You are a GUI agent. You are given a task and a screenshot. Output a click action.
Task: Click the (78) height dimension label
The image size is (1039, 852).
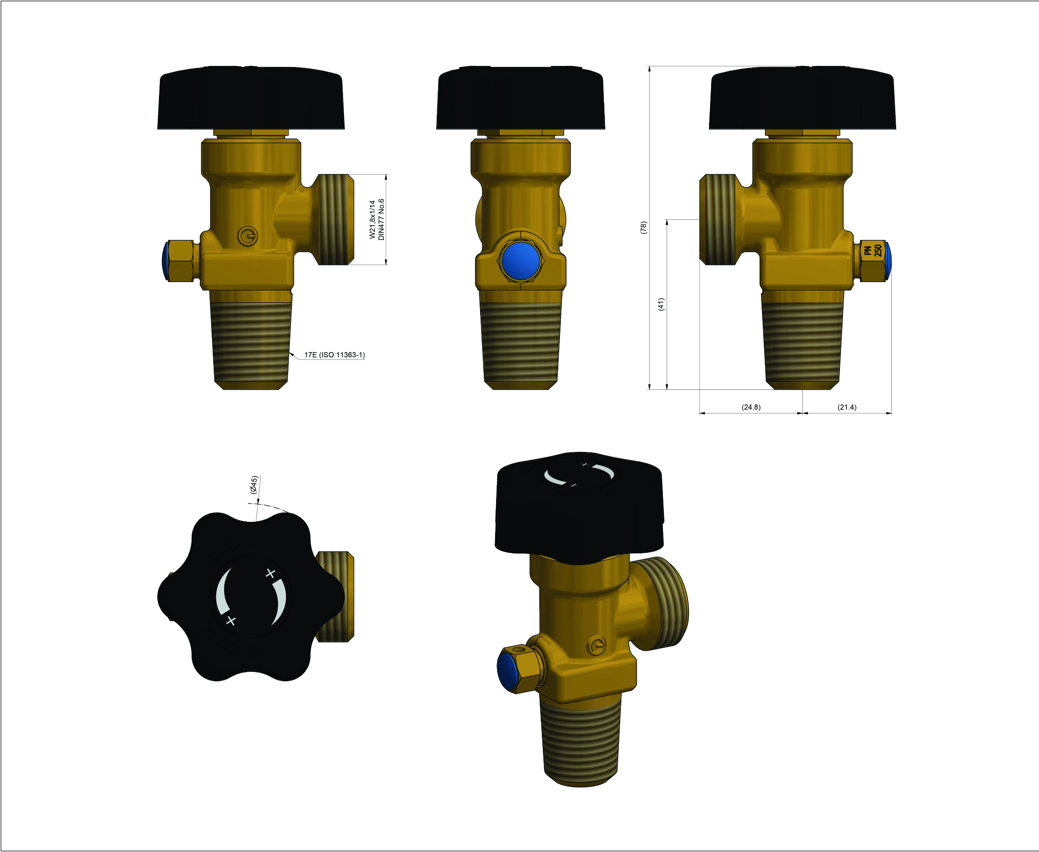click(643, 227)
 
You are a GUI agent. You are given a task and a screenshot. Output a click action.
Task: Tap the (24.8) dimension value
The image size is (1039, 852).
click(751, 407)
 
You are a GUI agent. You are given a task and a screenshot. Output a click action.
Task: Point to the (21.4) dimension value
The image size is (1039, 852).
click(847, 407)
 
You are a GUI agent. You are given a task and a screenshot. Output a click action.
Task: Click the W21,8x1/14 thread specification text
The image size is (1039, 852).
click(372, 219)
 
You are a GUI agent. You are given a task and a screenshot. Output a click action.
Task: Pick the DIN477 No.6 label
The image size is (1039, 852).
click(382, 219)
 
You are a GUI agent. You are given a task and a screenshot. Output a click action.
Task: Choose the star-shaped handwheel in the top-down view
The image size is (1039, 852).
click(251, 596)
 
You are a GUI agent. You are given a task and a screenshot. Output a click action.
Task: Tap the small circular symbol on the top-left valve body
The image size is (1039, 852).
click(247, 236)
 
